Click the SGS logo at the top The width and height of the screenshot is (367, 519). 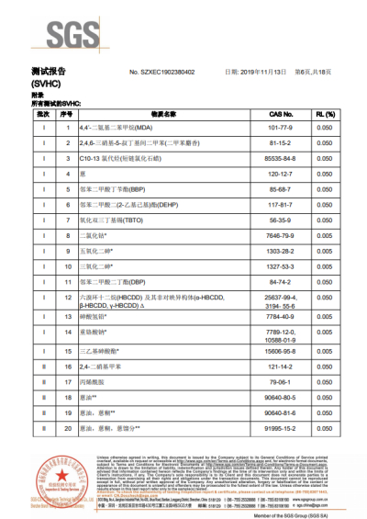coord(56,36)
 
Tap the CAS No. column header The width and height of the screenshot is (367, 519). coord(281,113)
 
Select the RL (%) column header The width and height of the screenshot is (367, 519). coord(324,113)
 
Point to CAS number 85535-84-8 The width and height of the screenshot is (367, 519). coord(281,159)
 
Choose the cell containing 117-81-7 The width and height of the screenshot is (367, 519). coord(281,206)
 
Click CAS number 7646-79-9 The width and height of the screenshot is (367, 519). coord(281,237)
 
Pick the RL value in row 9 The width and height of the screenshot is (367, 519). coord(324,253)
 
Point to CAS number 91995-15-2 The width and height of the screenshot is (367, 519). coord(281,428)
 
